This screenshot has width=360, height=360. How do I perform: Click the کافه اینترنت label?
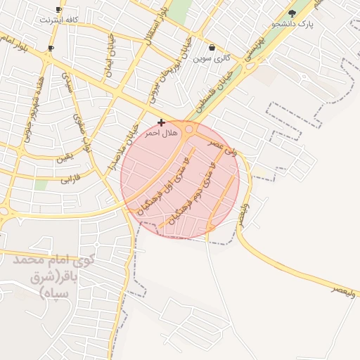(x=56, y=20)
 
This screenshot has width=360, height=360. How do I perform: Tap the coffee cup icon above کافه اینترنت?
(x=58, y=10)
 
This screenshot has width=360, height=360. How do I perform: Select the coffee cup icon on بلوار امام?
(x=51, y=49)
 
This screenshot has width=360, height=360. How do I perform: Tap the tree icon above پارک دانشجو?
(x=292, y=13)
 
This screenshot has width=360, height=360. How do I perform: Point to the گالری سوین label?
(x=212, y=58)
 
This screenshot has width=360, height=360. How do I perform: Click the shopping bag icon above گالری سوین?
(x=212, y=48)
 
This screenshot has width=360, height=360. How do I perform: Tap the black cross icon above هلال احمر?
(x=161, y=122)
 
